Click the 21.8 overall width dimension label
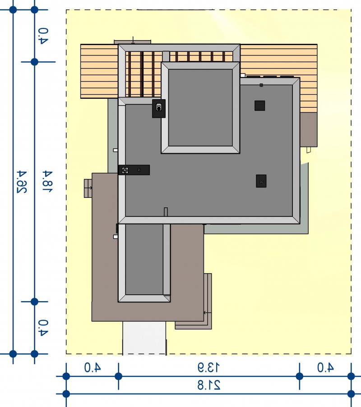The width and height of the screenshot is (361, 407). pos(208,385)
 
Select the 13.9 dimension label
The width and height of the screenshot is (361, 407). pos(208,367)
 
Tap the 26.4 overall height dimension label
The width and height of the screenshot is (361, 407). pos(22,182)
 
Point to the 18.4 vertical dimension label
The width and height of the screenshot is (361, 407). pos(47,181)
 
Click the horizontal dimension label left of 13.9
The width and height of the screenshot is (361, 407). pos(93,367)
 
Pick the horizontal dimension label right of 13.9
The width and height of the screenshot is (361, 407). pos(325,367)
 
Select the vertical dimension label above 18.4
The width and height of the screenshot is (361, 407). pos(43,36)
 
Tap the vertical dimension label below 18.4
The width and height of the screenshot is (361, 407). pos(43,328)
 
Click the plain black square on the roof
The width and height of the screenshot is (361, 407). pos(259,105)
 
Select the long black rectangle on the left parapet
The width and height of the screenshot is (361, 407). pos(134,170)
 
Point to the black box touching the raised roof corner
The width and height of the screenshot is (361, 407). pos(159,109)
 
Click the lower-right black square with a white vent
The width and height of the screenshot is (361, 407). pos(261,181)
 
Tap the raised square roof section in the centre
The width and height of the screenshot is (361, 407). pos(200,107)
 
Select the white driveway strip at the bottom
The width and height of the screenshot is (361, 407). pos(144,338)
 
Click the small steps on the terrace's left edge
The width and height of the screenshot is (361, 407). pos(88,188)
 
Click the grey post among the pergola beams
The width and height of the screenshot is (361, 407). pos(166,56)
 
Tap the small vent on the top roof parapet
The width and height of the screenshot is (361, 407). pos(261,85)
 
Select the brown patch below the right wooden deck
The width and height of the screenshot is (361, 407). pos(309,129)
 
